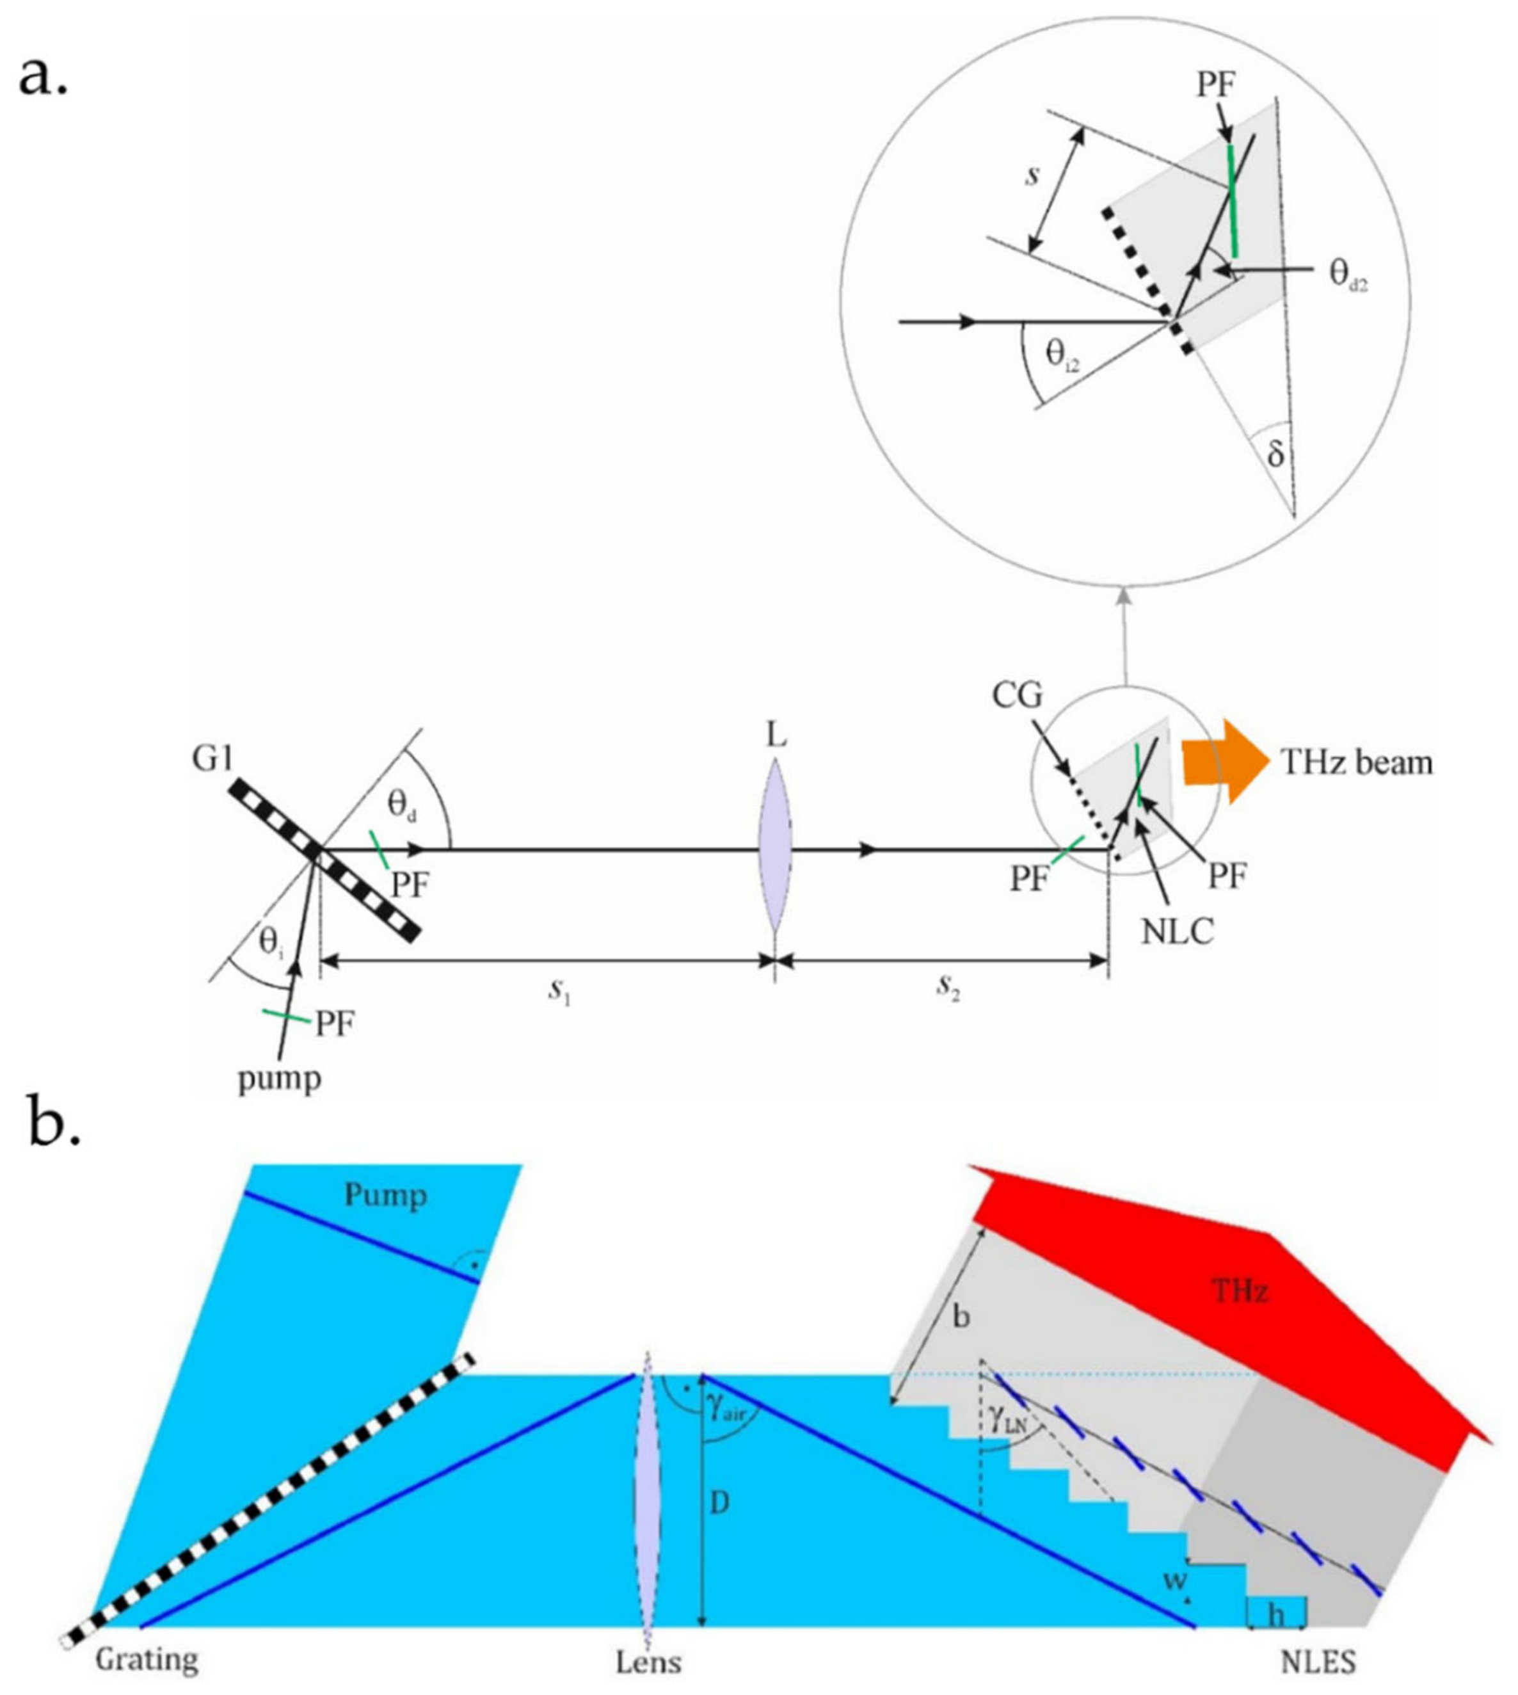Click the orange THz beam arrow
tap(1221, 762)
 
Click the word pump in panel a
tap(280, 1079)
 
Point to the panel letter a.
tap(44, 77)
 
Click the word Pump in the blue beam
tap(385, 1195)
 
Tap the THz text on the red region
tap(1240, 1291)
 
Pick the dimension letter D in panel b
tap(719, 1503)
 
